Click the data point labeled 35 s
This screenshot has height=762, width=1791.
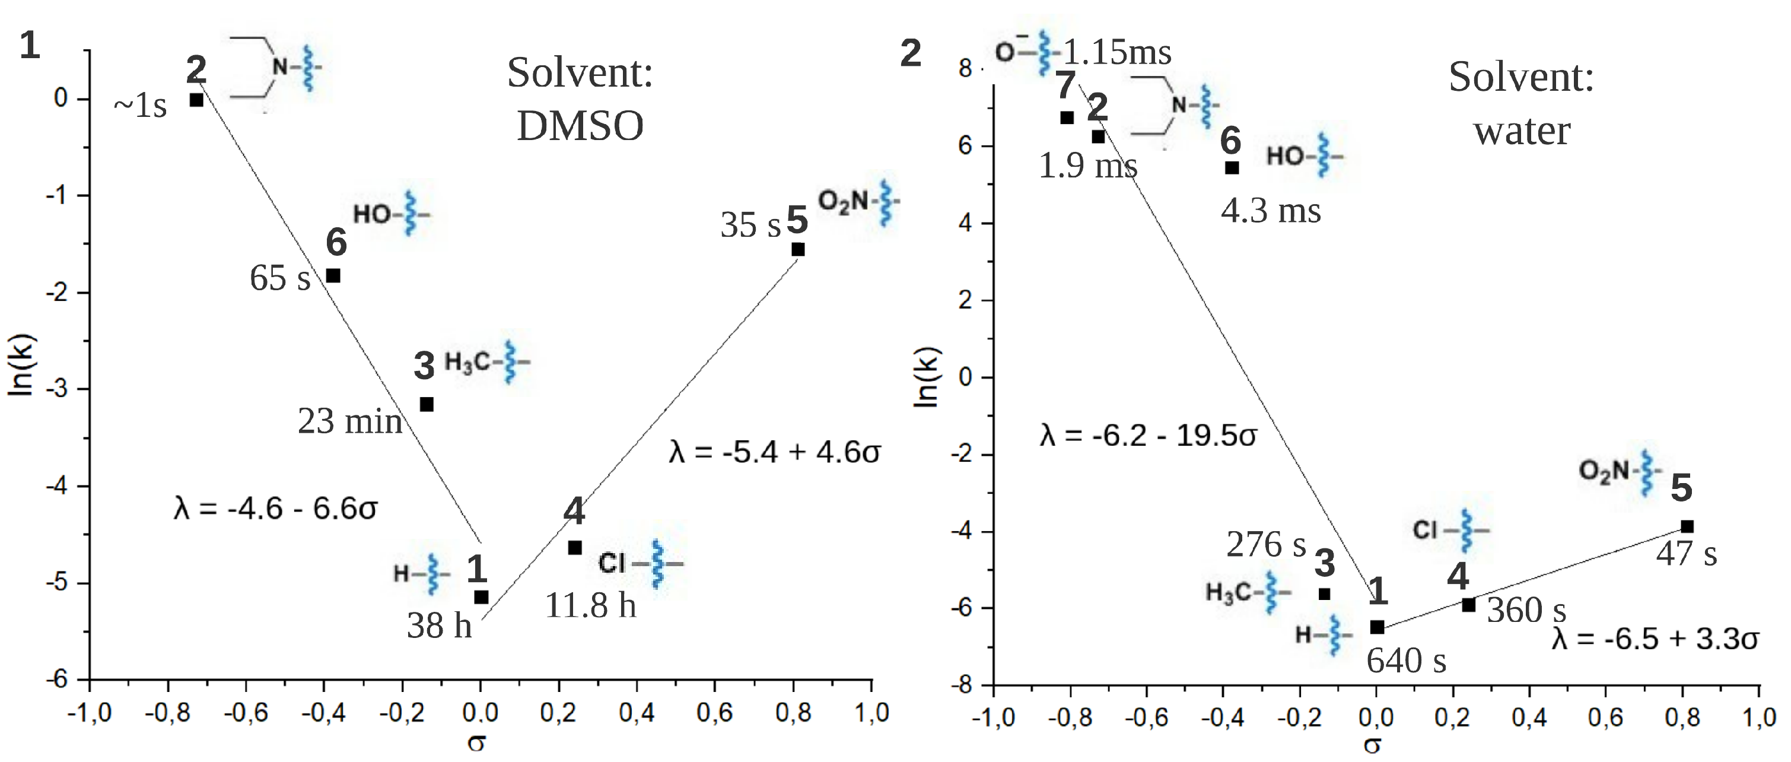click(x=798, y=249)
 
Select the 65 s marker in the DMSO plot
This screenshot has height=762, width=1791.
click(x=333, y=275)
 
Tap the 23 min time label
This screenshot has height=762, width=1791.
click(x=350, y=421)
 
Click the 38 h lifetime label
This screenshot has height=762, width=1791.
click(x=439, y=625)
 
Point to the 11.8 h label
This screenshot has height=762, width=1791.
click(x=590, y=605)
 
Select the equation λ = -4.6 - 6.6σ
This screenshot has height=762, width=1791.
click(x=275, y=509)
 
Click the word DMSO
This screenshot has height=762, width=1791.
click(x=580, y=126)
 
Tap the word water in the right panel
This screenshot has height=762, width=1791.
click(x=1521, y=131)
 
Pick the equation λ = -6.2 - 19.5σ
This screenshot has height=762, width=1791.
click(x=1148, y=436)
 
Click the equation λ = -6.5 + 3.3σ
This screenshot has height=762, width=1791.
click(x=1655, y=638)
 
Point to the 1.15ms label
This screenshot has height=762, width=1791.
click(x=1117, y=52)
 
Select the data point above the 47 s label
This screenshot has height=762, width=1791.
click(x=1687, y=526)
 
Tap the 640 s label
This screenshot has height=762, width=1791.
click(x=1406, y=661)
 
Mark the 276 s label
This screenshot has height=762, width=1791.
click(x=1265, y=544)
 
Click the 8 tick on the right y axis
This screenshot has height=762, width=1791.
click(x=965, y=68)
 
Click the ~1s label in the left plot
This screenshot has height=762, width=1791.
click(x=141, y=106)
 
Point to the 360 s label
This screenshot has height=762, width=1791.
click(x=1526, y=611)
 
